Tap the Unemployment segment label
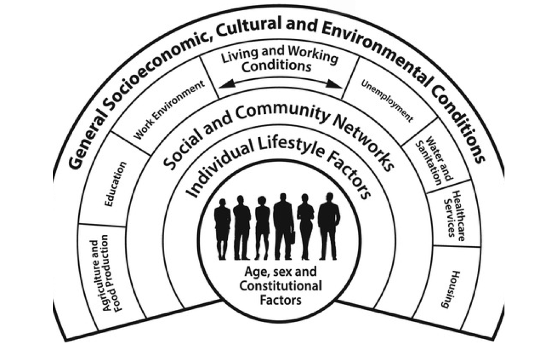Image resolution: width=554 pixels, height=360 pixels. coord(387,100)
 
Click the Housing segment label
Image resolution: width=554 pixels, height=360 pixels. coord(453,289)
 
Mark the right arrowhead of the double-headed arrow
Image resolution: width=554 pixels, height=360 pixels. coord(338,85)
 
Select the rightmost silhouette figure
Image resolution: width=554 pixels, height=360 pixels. coord(329,226)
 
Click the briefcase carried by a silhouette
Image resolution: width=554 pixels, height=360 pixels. coord(292,237)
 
